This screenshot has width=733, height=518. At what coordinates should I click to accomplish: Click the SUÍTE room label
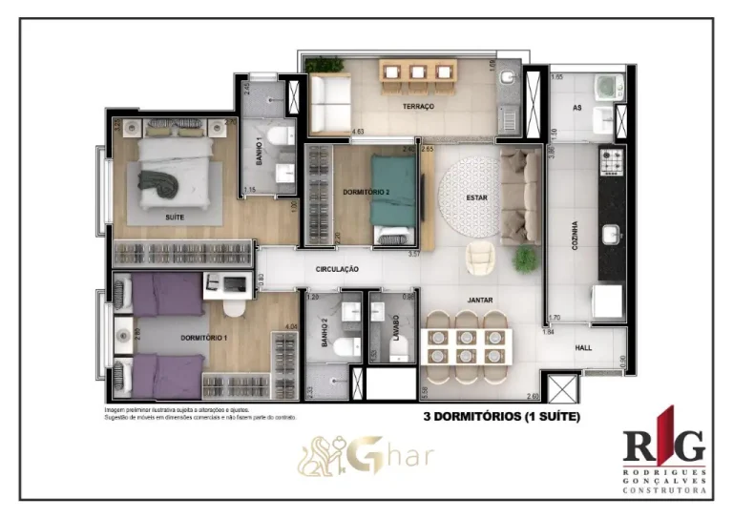coord(174,218)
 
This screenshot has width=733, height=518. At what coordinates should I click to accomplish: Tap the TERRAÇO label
coord(418,107)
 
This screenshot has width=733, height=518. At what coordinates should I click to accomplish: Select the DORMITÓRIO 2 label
coord(366,192)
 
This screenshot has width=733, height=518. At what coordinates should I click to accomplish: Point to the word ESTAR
coord(477,198)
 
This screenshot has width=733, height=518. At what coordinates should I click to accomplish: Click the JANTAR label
coord(479,300)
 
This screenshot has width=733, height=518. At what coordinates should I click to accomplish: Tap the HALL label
coord(583,349)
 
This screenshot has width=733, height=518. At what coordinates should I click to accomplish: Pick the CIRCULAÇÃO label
coord(337,270)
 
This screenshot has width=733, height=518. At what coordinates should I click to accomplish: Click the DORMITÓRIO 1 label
coord(204,338)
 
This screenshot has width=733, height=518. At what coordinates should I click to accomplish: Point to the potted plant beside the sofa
coord(524,258)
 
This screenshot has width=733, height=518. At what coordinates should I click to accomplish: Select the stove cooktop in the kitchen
coord(611,162)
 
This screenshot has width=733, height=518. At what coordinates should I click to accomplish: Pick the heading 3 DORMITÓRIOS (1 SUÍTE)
coord(501,417)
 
